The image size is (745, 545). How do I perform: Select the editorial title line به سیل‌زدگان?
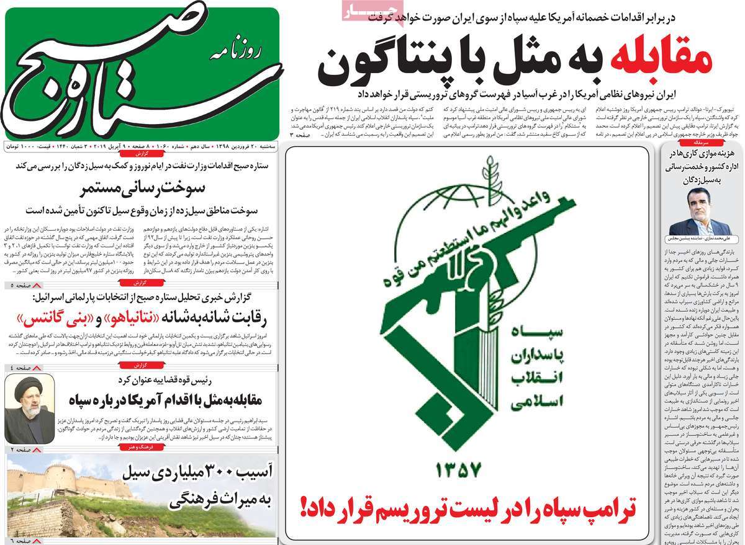[x=702, y=180]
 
